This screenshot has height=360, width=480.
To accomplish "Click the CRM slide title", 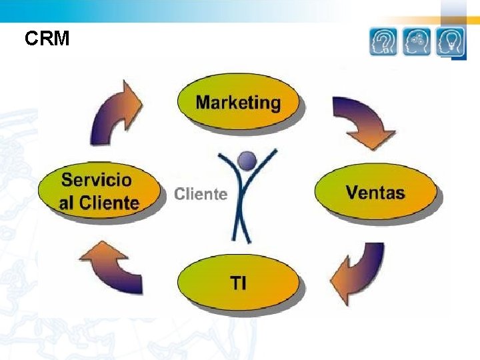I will point(47,39).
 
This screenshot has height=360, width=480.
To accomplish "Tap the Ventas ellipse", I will point(375,193).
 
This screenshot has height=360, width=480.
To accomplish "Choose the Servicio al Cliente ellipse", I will point(100,191).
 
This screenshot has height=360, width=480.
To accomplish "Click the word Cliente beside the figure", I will point(201,194).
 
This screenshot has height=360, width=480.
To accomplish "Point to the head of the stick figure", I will point(247,160).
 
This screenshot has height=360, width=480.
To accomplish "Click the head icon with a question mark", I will point(383,42).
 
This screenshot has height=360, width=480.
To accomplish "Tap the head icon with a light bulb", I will point(451,42).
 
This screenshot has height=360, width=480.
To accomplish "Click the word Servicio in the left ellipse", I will point(97,180).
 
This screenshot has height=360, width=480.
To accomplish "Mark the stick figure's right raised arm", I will point(266,164).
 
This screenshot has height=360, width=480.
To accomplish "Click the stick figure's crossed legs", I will point(241,220).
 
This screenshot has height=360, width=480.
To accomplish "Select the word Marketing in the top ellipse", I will point(238,102).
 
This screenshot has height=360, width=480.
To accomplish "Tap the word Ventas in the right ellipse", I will point(375,193).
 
